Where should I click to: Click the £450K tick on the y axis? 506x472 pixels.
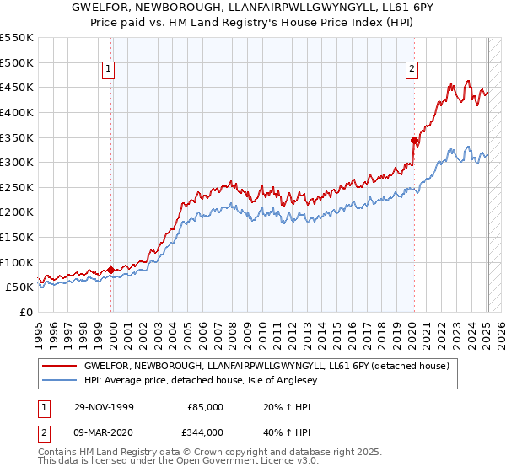16,87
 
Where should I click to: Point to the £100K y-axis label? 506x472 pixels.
16,262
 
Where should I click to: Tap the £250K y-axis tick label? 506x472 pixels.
16,187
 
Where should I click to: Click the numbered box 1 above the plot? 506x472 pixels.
110,70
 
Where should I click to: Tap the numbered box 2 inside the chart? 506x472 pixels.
412,70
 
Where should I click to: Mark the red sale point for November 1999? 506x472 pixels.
110,270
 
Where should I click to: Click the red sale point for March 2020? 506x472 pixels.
413,140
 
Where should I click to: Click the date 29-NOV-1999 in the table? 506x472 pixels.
105,407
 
